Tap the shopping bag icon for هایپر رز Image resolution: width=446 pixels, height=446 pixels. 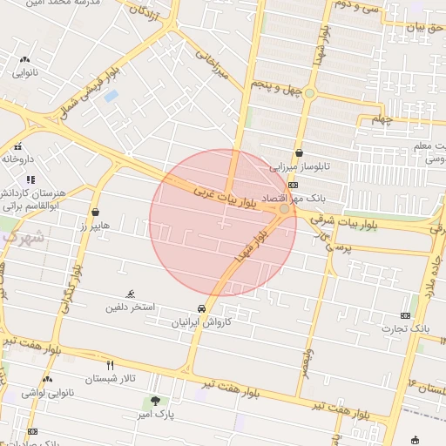coord(95,212)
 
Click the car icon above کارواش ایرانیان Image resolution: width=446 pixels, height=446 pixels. coord(202,308)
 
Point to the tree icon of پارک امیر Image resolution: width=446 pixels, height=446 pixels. coord(155,401)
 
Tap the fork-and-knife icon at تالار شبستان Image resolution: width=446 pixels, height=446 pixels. coord(110,365)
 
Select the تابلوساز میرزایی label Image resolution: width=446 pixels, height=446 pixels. coord(300,166)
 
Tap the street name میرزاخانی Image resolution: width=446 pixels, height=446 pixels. coord(211,65)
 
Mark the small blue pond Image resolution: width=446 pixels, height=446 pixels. coord(111,96)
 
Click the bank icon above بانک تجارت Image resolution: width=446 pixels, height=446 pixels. coord(406,314)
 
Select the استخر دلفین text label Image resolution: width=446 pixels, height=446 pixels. coord(131,307)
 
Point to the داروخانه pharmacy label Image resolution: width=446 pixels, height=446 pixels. coord(18,159)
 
